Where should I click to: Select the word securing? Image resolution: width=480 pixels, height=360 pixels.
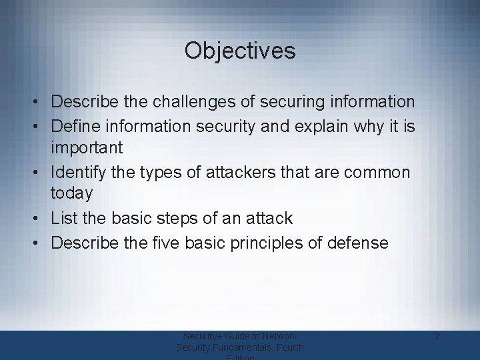(290, 102)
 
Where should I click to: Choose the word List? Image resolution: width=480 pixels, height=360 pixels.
(65, 217)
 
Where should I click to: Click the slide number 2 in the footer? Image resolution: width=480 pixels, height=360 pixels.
(436, 337)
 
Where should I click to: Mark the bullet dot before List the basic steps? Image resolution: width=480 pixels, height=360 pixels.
(41, 218)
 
